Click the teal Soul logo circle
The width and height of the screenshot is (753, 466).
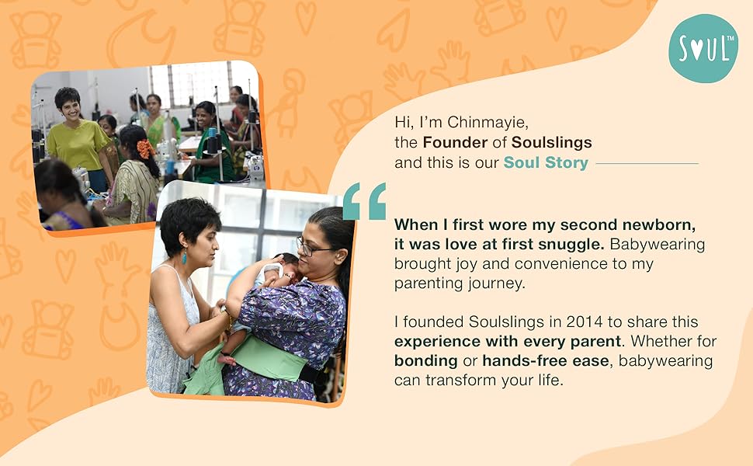tap(703, 48)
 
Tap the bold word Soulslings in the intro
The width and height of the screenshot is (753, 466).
tap(552, 142)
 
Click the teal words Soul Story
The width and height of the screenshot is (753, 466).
tap(546, 163)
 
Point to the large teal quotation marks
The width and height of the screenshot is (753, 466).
tap(365, 201)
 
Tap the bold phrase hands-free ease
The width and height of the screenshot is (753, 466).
tap(546, 360)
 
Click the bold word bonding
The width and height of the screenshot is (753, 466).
tap(425, 361)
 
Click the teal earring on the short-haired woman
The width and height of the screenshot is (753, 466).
tap(185, 257)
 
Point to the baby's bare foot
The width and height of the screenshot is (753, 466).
tap(226, 360)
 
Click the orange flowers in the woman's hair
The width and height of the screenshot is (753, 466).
tap(144, 148)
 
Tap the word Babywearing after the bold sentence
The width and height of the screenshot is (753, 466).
tap(658, 245)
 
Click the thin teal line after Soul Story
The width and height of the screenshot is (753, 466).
tap(647, 164)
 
